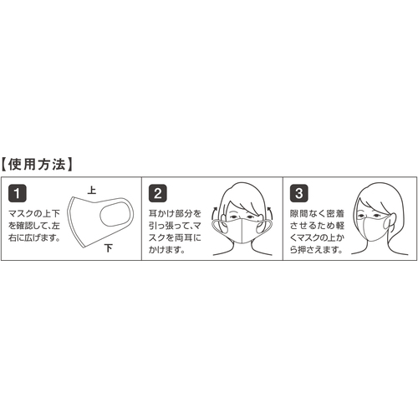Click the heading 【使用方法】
(x=37, y=165)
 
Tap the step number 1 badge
(x=18, y=193)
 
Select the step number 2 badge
(x=158, y=193)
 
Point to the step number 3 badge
(x=299, y=193)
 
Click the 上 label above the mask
(x=92, y=190)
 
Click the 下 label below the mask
(x=109, y=247)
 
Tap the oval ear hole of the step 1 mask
(x=115, y=215)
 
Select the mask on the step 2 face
(x=242, y=231)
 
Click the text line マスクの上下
(x=34, y=214)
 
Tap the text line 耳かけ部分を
(x=175, y=214)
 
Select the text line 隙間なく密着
(x=317, y=214)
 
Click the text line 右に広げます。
(x=34, y=237)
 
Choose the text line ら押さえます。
(x=316, y=250)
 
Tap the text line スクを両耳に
(x=175, y=237)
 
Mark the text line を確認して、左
(x=34, y=226)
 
